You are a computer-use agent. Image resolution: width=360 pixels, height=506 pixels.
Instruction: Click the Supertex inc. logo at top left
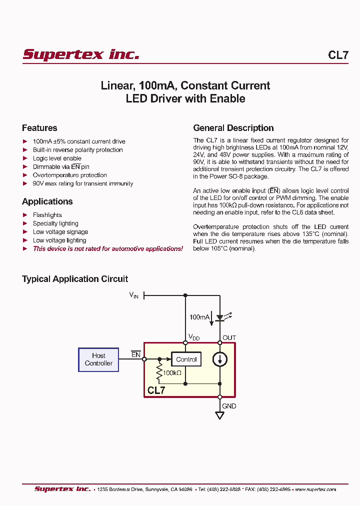coord(81,54)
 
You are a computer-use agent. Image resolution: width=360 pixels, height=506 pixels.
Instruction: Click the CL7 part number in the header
coord(338,55)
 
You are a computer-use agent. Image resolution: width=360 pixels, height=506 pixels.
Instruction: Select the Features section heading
coord(39,128)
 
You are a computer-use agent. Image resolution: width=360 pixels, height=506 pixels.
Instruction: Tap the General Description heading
coord(233,128)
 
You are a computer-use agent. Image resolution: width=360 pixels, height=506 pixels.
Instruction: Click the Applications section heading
coord(47,201)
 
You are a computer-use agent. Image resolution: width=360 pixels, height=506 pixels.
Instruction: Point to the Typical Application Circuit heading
coord(75,279)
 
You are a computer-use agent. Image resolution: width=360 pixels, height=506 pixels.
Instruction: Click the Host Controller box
coord(98,359)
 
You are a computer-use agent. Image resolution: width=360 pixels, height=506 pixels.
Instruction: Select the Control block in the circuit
coord(186,359)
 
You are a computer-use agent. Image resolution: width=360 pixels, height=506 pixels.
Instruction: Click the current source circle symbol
coord(220,359)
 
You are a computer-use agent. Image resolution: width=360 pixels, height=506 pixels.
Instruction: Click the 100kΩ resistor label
coord(172,373)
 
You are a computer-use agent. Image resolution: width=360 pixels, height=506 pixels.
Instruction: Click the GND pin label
coord(229,406)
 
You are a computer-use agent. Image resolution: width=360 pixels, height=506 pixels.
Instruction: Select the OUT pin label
coord(229,338)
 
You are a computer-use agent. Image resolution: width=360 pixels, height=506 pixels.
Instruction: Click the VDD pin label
coord(193,338)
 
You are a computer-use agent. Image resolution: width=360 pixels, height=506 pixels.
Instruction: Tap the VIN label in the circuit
coord(133,295)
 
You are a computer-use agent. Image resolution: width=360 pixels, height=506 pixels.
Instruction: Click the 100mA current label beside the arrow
coord(199,317)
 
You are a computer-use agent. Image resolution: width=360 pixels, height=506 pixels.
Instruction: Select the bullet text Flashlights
coord(47,215)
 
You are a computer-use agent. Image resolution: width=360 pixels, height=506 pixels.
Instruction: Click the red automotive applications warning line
coord(107,248)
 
